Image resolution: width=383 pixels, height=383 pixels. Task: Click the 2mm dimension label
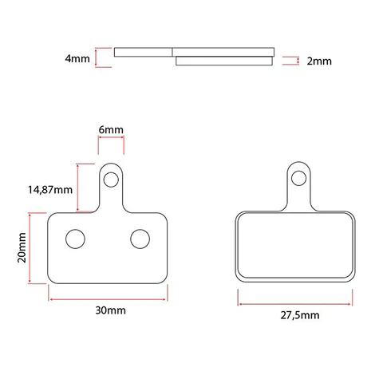pyautogui.click(x=318, y=61)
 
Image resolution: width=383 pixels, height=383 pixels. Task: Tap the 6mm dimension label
pyautogui.click(x=111, y=129)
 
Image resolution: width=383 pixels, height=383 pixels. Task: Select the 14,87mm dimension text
pyautogui.click(x=49, y=190)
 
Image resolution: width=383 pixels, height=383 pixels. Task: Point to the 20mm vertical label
pyautogui.click(x=22, y=248)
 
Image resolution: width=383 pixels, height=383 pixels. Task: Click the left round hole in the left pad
pyautogui.click(x=76, y=238)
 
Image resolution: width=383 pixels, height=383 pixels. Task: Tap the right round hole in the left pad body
pyautogui.click(x=140, y=238)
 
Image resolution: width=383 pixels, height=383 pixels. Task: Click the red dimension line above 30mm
pyautogui.click(x=109, y=298)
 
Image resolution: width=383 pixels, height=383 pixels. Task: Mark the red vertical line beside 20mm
pyautogui.click(x=30, y=248)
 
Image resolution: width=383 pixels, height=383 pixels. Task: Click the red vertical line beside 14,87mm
pyautogui.click(x=77, y=187)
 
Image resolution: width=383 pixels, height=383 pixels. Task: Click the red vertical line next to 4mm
pyautogui.click(x=97, y=57)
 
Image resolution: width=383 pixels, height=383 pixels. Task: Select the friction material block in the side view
pyautogui.click(x=223, y=60)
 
